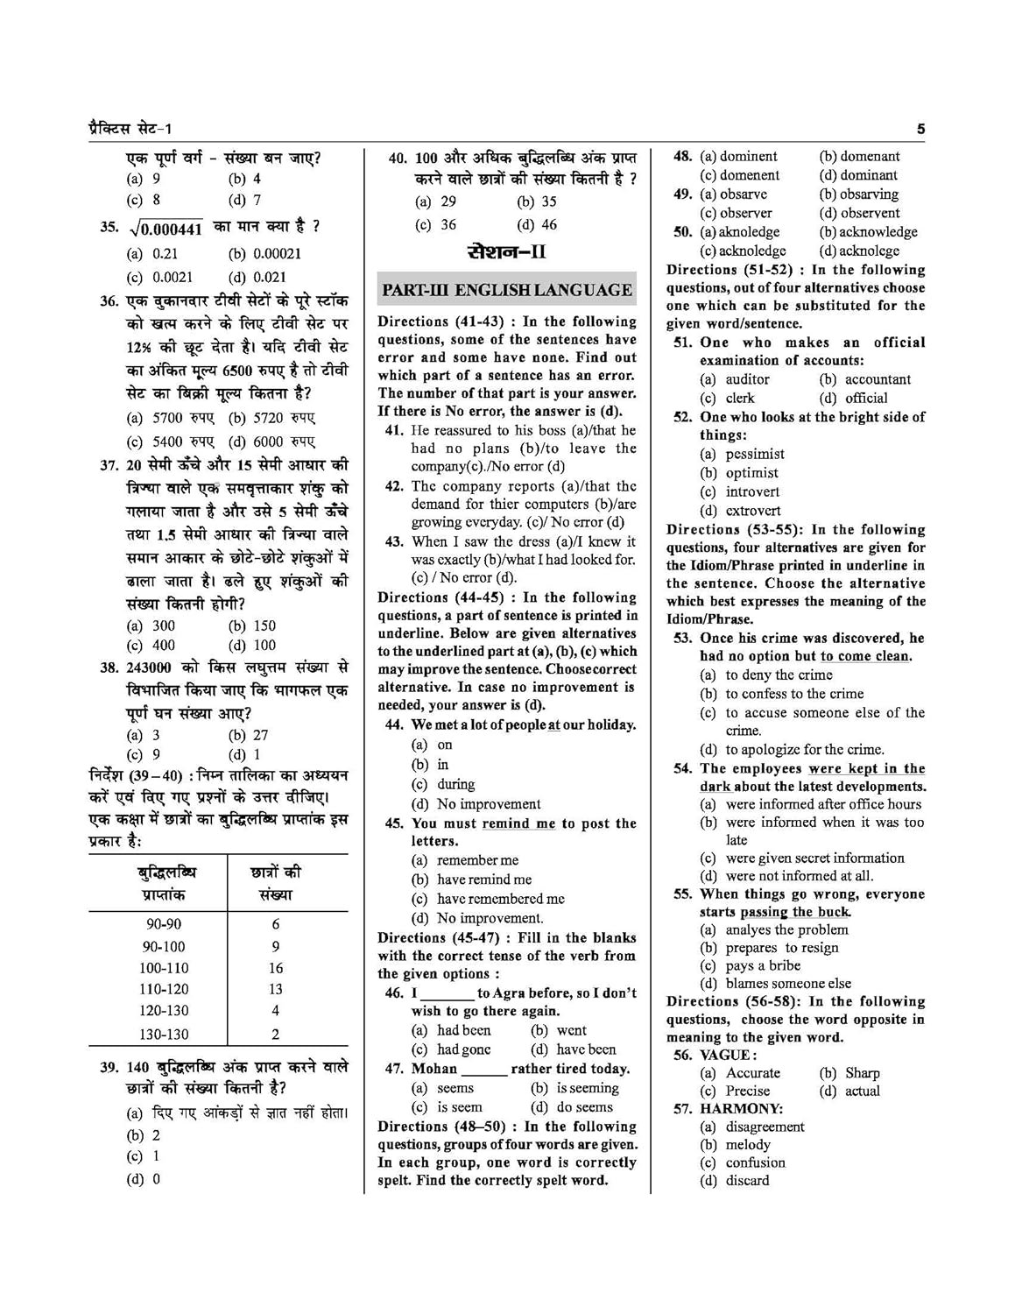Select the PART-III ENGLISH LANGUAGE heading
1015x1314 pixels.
coord(506,290)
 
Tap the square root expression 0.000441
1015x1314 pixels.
coord(166,228)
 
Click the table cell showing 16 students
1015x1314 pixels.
coord(276,968)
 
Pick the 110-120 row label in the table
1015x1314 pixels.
coord(164,989)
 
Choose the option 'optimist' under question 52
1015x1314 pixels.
coord(751,473)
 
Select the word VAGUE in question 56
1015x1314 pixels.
coord(725,1055)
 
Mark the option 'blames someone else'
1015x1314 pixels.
coord(788,984)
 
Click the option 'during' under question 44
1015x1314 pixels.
coord(455,784)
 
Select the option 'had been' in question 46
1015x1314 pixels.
coord(464,1030)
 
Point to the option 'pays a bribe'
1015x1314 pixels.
coord(763,965)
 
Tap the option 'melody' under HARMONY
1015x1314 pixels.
coord(748,1145)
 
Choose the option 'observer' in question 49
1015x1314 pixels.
coord(746,213)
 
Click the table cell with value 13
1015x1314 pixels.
coord(276,989)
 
